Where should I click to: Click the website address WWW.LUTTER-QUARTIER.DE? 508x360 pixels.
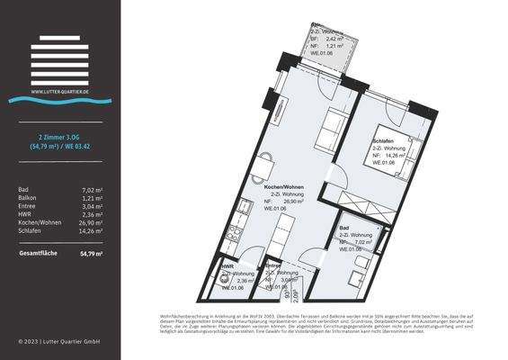click(x=60, y=91)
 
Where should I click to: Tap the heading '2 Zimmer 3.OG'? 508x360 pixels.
click(x=60, y=135)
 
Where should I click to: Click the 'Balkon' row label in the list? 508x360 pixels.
click(x=28, y=197)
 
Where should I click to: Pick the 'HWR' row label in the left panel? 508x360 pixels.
click(x=26, y=213)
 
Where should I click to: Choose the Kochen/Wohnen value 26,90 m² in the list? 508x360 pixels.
click(x=90, y=221)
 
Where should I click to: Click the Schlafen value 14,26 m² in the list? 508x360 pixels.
click(x=90, y=229)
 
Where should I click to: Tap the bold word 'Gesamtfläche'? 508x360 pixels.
click(x=38, y=254)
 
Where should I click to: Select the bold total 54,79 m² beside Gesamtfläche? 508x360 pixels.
click(x=91, y=254)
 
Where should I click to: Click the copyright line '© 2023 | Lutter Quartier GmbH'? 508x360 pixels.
click(x=59, y=342)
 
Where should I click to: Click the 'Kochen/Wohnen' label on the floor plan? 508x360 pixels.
click(x=288, y=186)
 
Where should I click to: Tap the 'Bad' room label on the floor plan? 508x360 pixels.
click(x=345, y=228)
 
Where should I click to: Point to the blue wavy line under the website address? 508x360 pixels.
click(x=60, y=100)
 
